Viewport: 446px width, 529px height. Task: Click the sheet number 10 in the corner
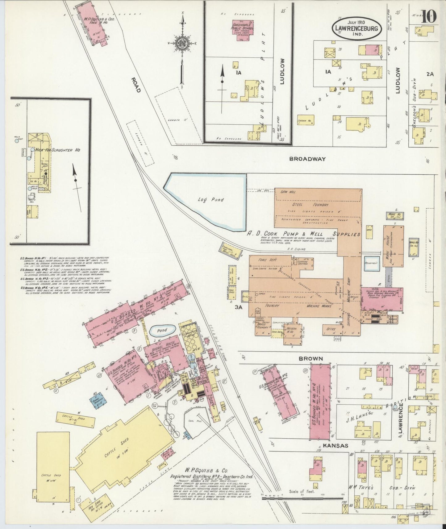tap(428, 16)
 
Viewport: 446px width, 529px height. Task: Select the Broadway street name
tap(307, 159)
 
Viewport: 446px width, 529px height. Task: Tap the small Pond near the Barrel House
tap(162, 331)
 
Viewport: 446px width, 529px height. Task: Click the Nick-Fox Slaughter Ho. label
tap(58, 150)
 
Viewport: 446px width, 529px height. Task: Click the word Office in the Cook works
tap(331, 329)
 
